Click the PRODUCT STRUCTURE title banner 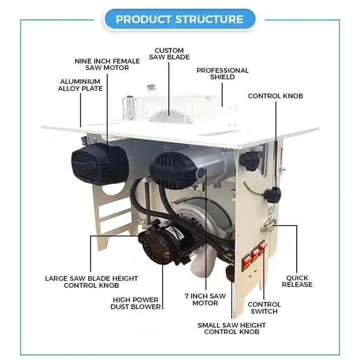click(180, 20)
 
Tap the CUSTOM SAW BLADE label click(168, 54)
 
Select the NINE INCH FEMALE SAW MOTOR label click(108, 64)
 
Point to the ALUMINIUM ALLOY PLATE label click(80, 85)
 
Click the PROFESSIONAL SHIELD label click(223, 73)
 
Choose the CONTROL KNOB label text click(276, 96)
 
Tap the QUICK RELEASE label click(297, 281)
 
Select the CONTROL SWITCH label click(264, 308)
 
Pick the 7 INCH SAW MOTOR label click(205, 300)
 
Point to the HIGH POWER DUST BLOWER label click(136, 303)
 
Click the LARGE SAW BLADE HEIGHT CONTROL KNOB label click(91, 282)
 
